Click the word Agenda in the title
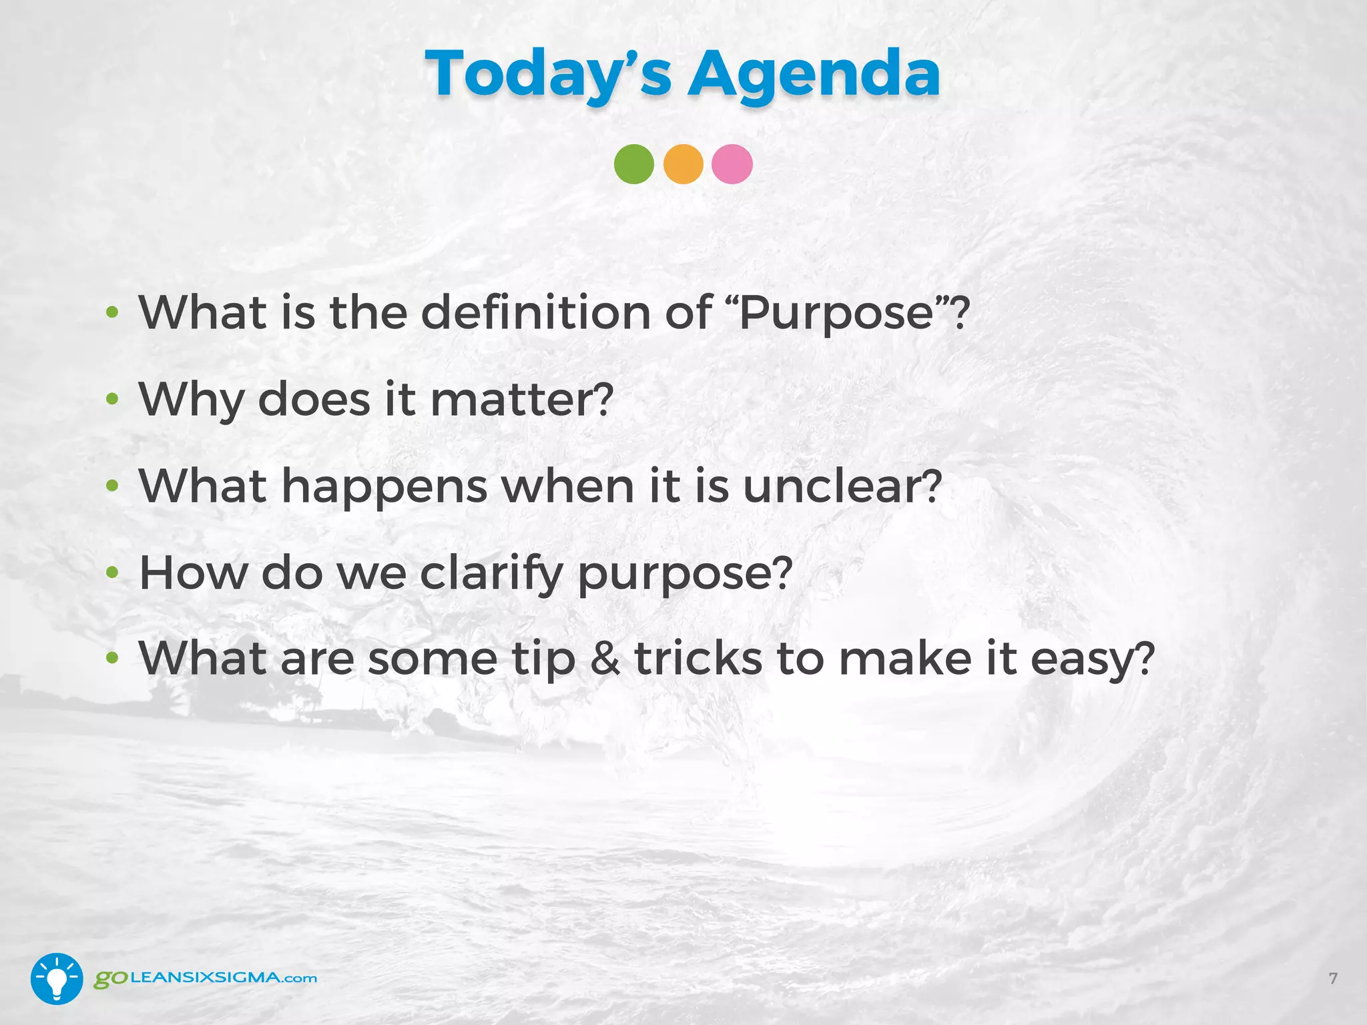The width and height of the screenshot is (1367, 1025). click(x=814, y=75)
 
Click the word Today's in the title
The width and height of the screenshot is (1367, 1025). click(x=548, y=75)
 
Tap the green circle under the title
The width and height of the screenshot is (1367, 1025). click(x=633, y=164)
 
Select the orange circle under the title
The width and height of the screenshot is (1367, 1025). click(x=683, y=164)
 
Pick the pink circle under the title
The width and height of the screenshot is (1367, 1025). click(x=732, y=164)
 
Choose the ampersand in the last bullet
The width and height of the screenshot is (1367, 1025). click(x=605, y=659)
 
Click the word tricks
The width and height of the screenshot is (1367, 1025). click(x=698, y=659)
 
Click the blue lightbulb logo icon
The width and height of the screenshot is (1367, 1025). click(x=57, y=978)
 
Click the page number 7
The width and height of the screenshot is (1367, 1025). click(x=1333, y=978)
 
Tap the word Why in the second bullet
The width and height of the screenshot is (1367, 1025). click(x=192, y=400)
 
